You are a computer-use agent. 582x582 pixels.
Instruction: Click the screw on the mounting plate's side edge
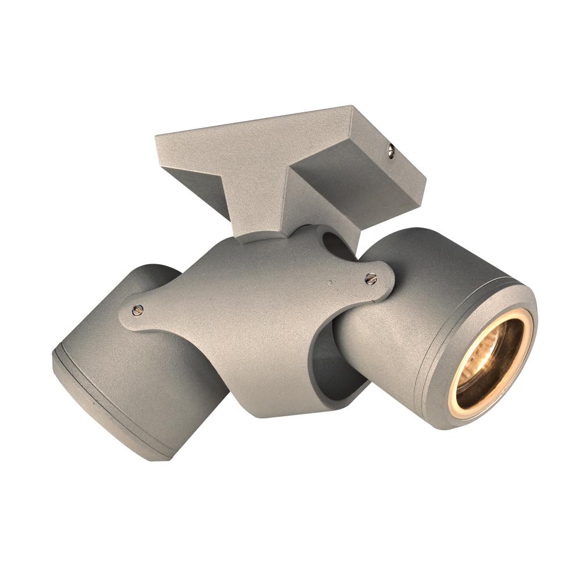391,152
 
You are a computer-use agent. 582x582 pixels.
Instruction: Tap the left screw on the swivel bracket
137,310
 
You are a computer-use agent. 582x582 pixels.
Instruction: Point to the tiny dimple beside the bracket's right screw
330,281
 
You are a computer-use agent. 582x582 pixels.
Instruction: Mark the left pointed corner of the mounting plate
157,137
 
